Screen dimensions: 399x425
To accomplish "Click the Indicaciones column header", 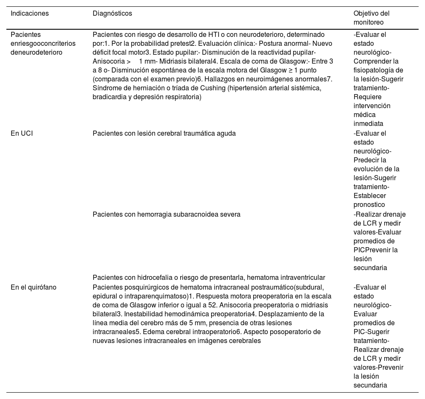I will click(30, 14).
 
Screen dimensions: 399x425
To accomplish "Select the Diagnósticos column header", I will click(112, 14).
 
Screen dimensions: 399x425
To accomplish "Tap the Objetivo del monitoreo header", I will click(371, 18).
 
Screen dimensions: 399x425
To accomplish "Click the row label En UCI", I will click(22, 133).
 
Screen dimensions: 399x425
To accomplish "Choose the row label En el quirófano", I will click(34, 287).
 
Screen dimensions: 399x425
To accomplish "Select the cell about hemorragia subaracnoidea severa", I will click(167, 214).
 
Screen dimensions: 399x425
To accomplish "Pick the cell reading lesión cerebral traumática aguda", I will click(164, 133).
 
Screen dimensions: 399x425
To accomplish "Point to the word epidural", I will click(105, 296).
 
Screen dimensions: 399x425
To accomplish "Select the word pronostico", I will click(369, 204).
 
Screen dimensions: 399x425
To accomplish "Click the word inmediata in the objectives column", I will click(368, 124).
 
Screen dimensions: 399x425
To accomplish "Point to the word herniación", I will click(134, 88).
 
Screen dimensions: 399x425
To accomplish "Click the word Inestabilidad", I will click(138, 314).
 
